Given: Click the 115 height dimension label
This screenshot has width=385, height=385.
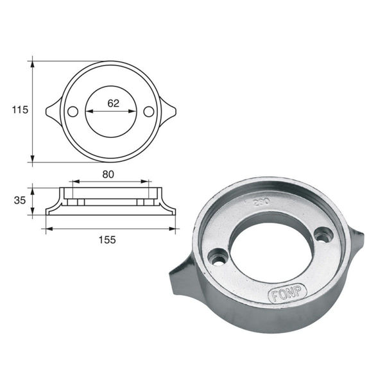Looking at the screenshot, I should (x=20, y=110).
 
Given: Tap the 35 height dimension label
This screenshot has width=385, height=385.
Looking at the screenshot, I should (x=20, y=200).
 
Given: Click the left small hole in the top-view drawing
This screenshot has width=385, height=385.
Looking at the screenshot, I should (x=73, y=112).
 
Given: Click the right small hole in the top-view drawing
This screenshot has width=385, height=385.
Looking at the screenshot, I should (x=149, y=112).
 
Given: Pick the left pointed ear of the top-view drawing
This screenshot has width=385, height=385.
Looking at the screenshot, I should (x=52, y=112).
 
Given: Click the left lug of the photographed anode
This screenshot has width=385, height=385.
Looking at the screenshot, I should (x=182, y=278).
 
